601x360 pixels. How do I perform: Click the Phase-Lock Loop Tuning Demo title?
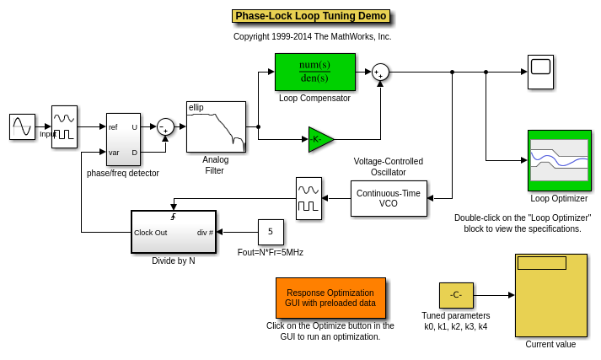point(310,16)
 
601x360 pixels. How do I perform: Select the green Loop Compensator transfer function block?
point(314,72)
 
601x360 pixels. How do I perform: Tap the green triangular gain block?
point(319,139)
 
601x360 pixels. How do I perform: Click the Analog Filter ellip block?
point(216,126)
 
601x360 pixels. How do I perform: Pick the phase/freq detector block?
point(123,139)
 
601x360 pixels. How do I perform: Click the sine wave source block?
point(22,126)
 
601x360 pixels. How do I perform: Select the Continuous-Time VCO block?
point(389,198)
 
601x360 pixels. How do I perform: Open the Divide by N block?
point(174,232)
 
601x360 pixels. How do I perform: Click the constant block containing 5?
point(271,232)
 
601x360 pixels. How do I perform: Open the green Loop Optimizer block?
point(559,160)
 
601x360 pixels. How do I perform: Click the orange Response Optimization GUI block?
point(330,298)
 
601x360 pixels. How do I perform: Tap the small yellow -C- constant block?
point(456,295)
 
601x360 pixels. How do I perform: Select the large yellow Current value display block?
point(550,295)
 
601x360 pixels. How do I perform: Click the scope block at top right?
point(540,72)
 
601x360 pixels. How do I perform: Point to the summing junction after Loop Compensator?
point(380,73)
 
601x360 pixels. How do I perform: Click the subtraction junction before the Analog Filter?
point(165,126)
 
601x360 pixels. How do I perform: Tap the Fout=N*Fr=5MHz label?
point(270,252)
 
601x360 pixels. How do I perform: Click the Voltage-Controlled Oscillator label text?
point(389,167)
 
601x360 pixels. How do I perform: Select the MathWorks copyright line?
point(312,37)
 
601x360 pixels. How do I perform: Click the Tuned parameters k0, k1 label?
point(456,321)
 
